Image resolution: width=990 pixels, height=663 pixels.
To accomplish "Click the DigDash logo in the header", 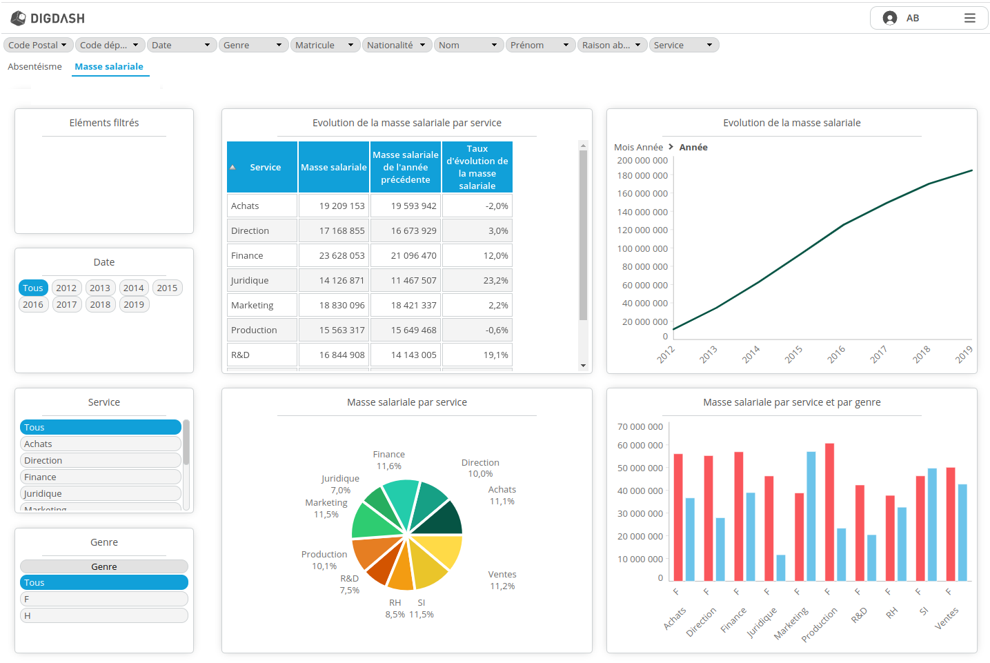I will [x=48, y=18].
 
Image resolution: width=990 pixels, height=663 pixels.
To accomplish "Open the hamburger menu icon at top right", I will [x=969, y=18].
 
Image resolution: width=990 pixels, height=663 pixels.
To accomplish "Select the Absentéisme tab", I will [x=34, y=66].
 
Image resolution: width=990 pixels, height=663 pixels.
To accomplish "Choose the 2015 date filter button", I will [x=167, y=288].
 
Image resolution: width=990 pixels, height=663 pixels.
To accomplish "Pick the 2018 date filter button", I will [x=100, y=304].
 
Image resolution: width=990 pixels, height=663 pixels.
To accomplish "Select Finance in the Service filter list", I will [x=100, y=477].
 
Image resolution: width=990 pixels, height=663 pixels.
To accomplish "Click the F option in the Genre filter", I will [x=103, y=599].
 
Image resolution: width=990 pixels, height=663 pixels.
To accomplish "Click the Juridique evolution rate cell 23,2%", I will [x=477, y=280].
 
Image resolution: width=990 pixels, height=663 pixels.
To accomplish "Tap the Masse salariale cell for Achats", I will [x=334, y=206].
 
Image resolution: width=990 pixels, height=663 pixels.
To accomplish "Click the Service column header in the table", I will [x=265, y=167].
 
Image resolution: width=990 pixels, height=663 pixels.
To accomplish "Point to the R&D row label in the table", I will [x=241, y=355].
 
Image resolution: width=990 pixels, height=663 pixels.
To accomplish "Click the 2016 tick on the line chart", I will [x=836, y=354].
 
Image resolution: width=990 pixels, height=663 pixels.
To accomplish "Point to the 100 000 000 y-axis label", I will [x=642, y=248].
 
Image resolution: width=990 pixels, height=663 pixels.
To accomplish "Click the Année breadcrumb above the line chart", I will [x=693, y=147].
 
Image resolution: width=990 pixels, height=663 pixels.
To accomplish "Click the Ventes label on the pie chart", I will [x=502, y=574].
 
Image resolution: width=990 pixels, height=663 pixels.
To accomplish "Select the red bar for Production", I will [x=829, y=511].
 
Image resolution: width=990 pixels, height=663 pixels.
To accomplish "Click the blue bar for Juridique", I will [x=781, y=567].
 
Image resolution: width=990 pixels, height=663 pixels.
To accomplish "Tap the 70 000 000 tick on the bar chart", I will [x=640, y=426].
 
